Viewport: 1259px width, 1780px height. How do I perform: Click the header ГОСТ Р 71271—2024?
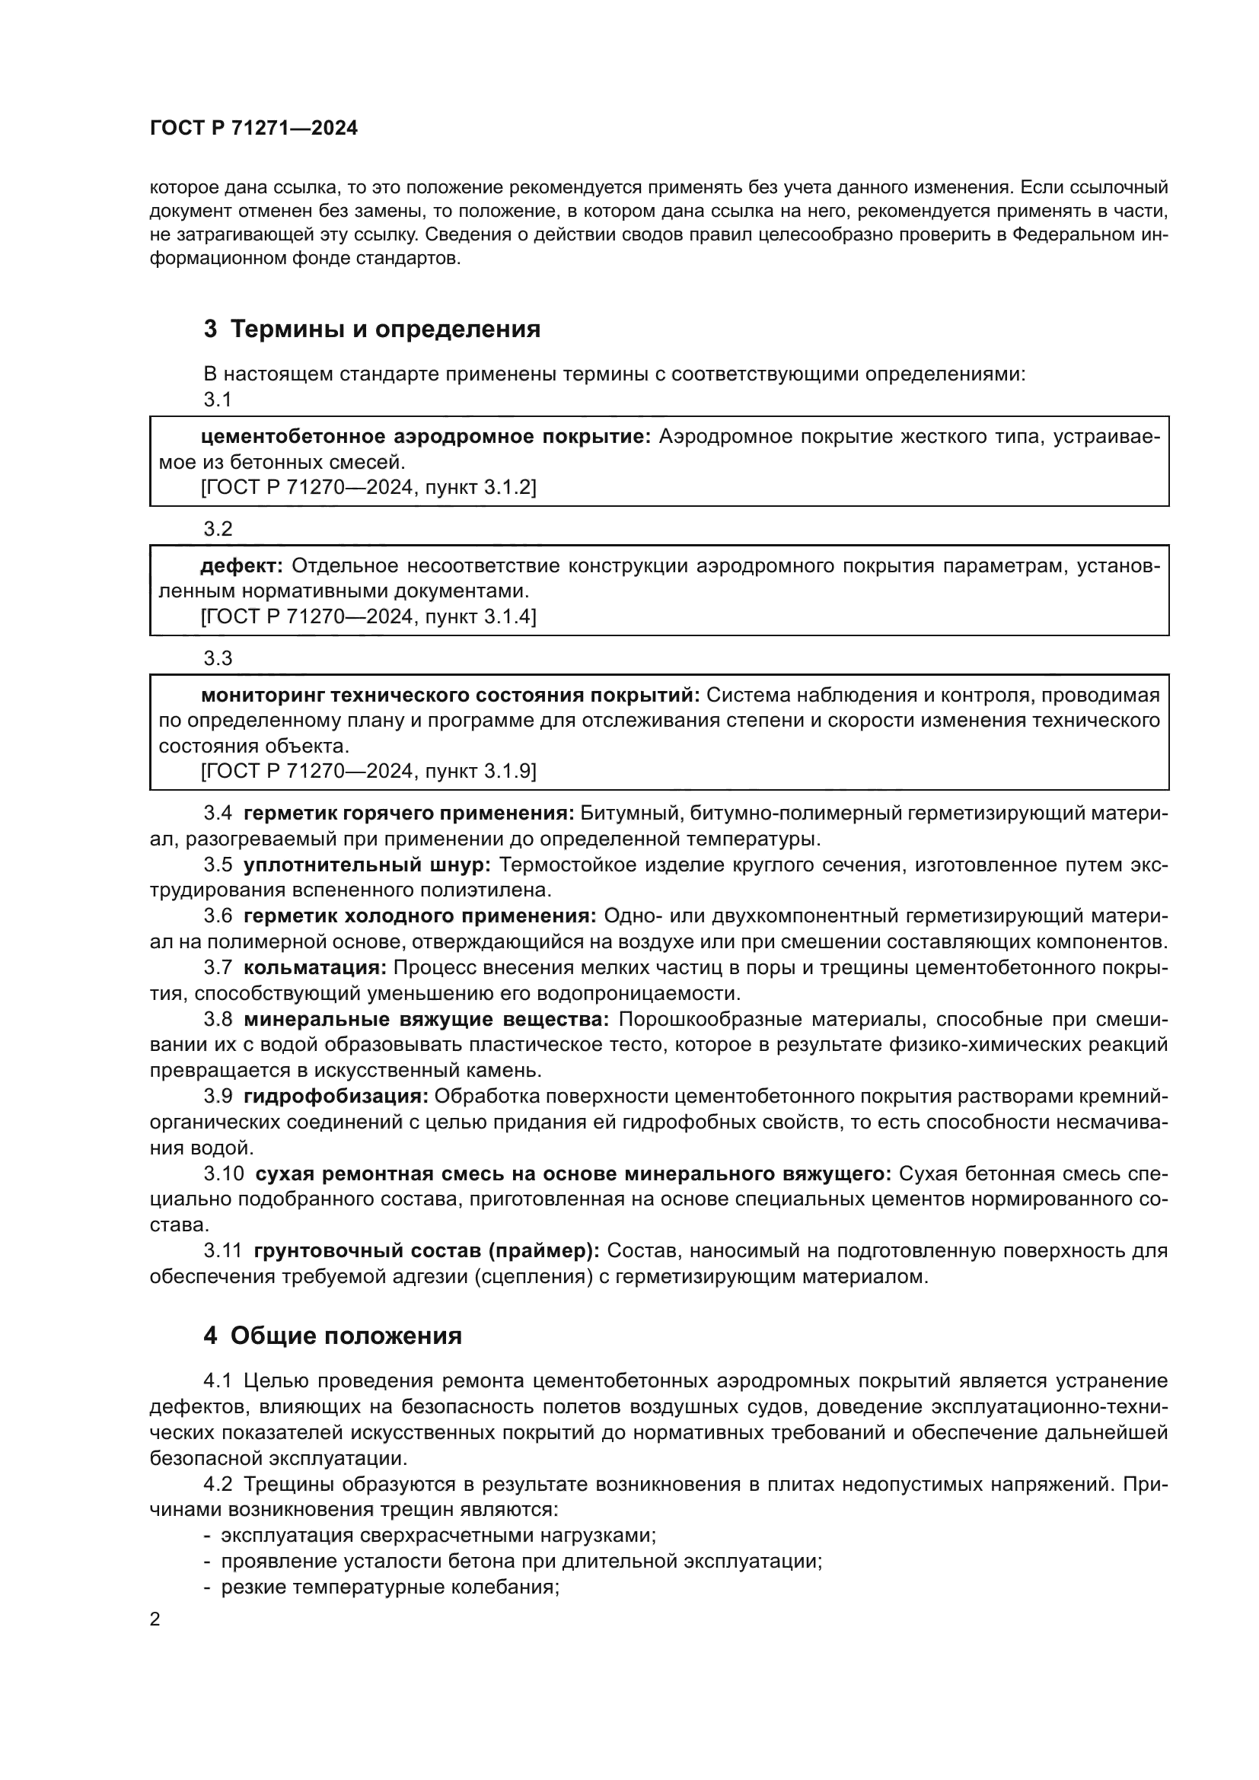[x=253, y=129]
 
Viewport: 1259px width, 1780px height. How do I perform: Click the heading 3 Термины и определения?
[x=371, y=330]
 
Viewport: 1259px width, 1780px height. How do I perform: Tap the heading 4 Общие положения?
[x=333, y=1336]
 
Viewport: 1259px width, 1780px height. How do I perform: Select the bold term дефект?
[x=242, y=566]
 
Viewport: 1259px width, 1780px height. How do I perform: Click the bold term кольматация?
[x=315, y=967]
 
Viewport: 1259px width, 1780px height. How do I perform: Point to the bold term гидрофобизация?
[x=336, y=1096]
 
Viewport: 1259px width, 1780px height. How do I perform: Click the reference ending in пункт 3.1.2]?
[x=368, y=488]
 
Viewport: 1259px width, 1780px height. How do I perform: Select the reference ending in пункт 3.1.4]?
[x=368, y=617]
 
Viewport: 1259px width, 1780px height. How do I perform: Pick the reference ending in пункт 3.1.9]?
[x=368, y=772]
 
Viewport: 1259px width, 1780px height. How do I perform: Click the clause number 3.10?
[x=223, y=1173]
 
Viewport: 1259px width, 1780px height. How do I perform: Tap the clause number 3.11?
[x=222, y=1250]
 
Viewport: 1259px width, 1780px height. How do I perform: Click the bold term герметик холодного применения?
[x=419, y=915]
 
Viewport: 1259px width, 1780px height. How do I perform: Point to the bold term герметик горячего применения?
[x=409, y=814]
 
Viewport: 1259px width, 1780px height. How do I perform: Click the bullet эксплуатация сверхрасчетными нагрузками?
[x=438, y=1535]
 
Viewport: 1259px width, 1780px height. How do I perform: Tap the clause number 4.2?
[x=218, y=1484]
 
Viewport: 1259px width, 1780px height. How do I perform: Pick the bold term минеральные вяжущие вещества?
[x=426, y=1019]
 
